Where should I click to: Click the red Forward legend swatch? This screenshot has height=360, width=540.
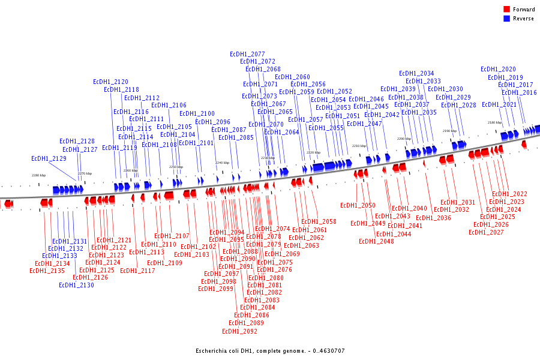[506, 10]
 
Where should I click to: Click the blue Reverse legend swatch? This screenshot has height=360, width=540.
[506, 19]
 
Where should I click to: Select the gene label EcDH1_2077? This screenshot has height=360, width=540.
[247, 54]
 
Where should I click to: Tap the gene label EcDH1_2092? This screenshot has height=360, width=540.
[239, 331]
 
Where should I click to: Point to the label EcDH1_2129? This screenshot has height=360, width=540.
[49, 159]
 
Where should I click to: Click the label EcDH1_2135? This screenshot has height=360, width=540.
[47, 271]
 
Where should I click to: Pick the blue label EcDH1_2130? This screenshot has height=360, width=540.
[76, 286]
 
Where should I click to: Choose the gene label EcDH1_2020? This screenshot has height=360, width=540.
[498, 70]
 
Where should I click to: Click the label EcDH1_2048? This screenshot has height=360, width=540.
[376, 242]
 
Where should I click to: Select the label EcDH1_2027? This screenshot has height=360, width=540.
[486, 233]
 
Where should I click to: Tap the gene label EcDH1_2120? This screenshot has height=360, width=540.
[110, 82]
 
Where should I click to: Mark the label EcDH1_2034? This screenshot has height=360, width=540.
[416, 74]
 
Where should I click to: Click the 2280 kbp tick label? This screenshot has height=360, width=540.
[38, 175]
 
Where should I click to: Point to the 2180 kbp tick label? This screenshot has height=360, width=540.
[494, 122]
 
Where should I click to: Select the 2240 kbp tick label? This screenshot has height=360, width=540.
[223, 163]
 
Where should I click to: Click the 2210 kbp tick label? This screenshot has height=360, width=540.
[359, 146]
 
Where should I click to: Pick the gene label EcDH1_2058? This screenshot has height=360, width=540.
[319, 222]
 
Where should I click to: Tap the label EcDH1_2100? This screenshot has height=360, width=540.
[197, 114]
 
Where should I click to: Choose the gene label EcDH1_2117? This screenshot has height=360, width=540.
[137, 271]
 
